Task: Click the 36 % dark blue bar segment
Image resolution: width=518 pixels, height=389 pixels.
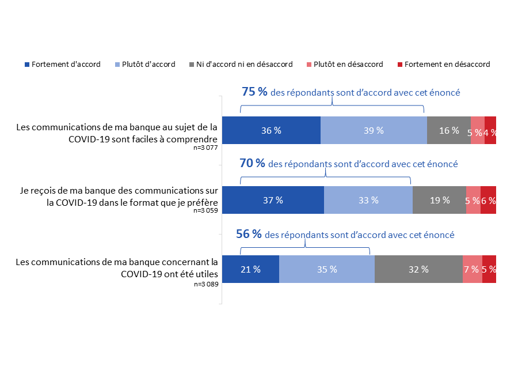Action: pos(271,130)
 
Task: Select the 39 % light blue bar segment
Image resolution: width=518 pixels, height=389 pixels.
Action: pos(374,130)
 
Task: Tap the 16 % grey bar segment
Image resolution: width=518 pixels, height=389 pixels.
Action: pos(448,130)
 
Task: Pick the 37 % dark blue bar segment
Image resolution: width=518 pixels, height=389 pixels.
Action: pos(273,200)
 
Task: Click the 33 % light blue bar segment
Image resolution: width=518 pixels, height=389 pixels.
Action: pos(368,200)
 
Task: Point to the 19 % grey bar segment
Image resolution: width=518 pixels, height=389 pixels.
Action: pos(439,200)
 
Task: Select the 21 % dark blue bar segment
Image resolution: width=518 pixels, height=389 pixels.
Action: pos(250,269)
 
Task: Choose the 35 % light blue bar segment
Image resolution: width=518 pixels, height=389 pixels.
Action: pos(326,269)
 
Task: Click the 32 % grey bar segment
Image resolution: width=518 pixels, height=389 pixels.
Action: pos(418,269)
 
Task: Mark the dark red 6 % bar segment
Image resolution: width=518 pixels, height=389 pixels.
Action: pos(488,200)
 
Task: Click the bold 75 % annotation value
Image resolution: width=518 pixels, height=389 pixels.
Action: pos(254,92)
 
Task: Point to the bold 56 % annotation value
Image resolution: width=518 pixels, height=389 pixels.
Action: pos(249,234)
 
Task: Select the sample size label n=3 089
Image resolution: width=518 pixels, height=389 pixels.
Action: pos(206,284)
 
